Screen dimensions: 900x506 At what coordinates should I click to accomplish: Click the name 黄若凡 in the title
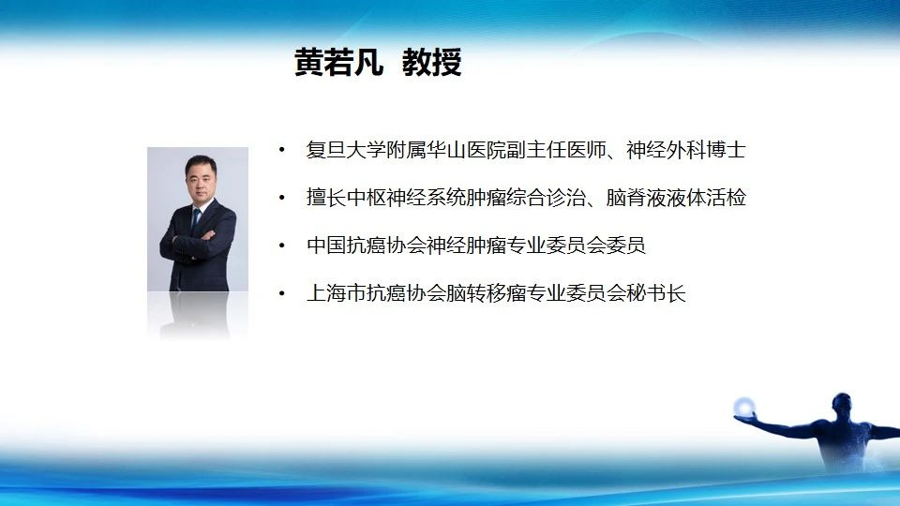tap(338, 62)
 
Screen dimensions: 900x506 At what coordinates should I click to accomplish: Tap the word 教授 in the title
tap(431, 62)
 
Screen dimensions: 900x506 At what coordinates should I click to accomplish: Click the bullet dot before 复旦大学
tap(282, 150)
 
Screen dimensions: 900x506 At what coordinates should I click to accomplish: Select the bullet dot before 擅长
tap(282, 198)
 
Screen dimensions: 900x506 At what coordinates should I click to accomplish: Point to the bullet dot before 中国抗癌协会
tap(282, 246)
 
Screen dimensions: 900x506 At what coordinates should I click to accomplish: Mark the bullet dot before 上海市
tap(282, 293)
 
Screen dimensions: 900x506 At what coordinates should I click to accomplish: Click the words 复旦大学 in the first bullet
tap(346, 150)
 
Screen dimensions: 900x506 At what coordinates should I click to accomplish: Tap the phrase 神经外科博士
tap(686, 150)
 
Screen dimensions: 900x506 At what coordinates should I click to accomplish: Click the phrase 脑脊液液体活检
tap(676, 198)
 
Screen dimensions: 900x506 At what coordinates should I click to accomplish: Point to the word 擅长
tap(326, 198)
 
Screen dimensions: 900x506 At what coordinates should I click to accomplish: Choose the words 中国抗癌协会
tap(367, 246)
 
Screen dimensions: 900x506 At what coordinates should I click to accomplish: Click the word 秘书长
tap(656, 293)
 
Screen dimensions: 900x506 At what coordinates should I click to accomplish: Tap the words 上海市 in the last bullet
tap(337, 293)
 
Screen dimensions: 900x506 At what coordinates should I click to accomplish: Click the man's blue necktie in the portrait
tap(196, 220)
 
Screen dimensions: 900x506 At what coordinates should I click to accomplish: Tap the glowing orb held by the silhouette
tap(743, 408)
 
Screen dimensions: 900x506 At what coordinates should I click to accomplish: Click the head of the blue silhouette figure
tap(842, 403)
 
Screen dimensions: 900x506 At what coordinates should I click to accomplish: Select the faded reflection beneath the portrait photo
tap(198, 315)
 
